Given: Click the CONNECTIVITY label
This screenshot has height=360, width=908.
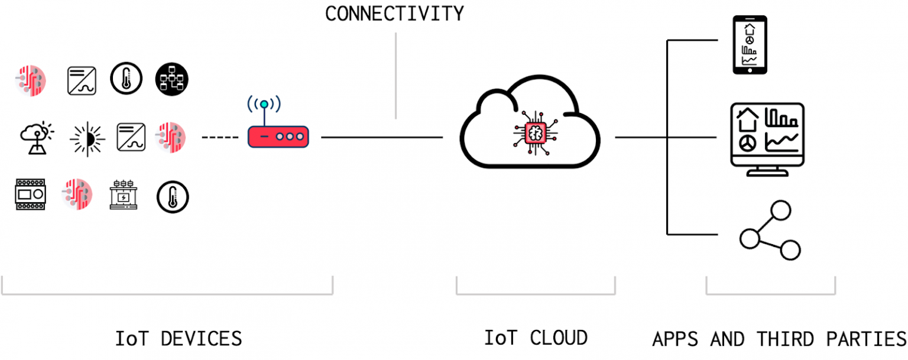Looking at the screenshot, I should (x=394, y=13).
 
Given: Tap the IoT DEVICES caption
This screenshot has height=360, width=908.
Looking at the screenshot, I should (x=179, y=339).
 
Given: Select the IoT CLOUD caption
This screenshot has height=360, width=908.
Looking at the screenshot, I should (x=536, y=338).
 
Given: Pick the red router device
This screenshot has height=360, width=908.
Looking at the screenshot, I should (x=278, y=137).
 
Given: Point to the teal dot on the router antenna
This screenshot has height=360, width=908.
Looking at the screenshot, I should (x=264, y=105).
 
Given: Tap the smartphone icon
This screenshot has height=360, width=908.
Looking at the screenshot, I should (x=750, y=45).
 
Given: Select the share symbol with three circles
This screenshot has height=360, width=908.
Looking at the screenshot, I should (x=769, y=231).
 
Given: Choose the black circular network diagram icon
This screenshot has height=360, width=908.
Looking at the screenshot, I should (x=171, y=79).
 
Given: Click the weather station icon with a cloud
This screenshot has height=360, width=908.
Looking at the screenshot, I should (x=35, y=138).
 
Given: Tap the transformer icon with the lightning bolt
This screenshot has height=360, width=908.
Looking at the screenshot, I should (x=124, y=196).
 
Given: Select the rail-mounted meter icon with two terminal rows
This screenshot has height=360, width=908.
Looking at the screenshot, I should (x=30, y=194).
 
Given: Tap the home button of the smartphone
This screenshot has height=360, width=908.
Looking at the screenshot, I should (x=750, y=70).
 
